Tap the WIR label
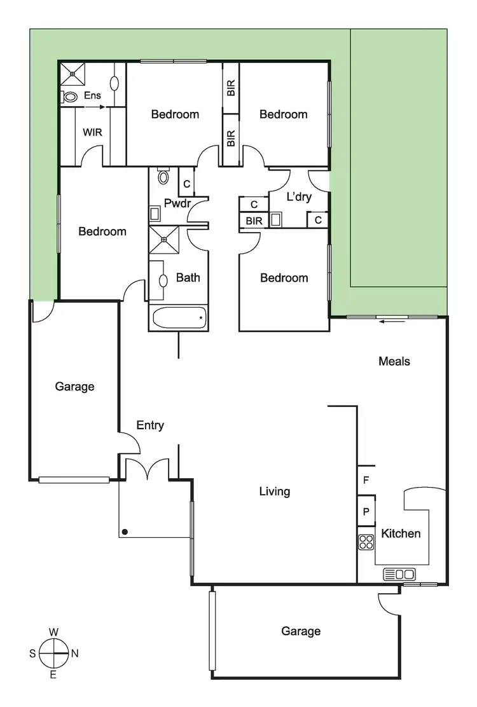92,133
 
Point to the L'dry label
299,196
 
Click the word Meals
394,361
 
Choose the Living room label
275,491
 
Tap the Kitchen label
401,533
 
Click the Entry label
150,425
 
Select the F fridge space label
366,481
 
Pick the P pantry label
366,512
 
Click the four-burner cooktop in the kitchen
366,542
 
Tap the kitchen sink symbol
399,574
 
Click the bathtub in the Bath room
177,317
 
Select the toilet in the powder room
164,176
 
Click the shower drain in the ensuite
73,74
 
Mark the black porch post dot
126,532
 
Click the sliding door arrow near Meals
389,322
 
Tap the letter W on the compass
54,632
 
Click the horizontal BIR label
254,221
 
